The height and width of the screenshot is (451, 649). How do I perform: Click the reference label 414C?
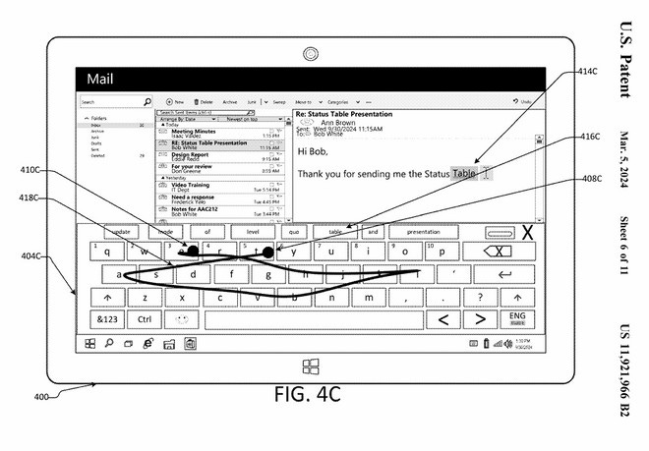[x=586, y=72]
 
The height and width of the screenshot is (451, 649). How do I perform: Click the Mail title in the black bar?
[x=105, y=79]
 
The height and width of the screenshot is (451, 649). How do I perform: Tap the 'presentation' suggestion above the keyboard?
[x=423, y=233]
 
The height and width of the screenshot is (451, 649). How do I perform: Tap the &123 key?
[x=105, y=319]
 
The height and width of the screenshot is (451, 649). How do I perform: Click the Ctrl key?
[x=144, y=319]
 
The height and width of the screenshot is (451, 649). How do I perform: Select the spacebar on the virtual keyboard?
[x=315, y=319]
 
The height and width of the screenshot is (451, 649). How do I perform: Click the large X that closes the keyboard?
[x=528, y=233]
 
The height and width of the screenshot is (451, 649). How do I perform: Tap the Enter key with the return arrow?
[x=505, y=274]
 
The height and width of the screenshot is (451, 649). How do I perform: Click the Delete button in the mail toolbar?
[x=205, y=101]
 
